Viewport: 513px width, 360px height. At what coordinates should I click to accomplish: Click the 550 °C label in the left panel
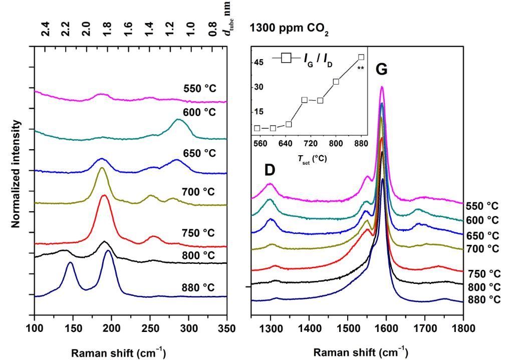199,90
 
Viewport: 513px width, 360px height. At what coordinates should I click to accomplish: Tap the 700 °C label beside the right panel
482,248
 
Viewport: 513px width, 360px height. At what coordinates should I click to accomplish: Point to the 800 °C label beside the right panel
482,287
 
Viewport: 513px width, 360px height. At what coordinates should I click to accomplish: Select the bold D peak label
270,170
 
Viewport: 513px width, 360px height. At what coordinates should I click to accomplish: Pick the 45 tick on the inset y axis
259,63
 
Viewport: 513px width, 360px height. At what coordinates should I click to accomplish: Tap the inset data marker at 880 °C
361,57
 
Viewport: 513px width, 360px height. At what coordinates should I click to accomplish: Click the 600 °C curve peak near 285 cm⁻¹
178,119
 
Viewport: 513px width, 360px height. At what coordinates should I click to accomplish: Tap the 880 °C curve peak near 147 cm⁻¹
71,262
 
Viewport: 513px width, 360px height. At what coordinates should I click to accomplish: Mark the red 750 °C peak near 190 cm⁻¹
104,195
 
